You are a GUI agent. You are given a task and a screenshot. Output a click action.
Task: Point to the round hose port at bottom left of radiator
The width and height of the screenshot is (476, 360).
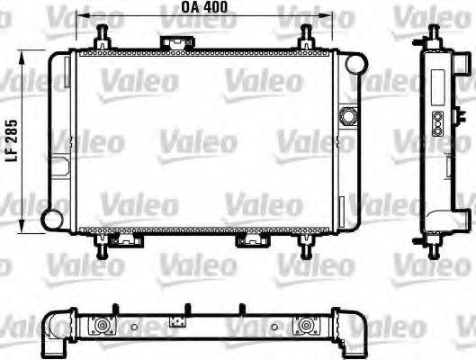tap(55, 217)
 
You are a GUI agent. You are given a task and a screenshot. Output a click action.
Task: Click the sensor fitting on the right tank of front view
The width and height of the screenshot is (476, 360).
tap(348, 115)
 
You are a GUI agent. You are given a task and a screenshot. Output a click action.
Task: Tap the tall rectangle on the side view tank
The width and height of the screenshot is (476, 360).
tap(438, 88)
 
